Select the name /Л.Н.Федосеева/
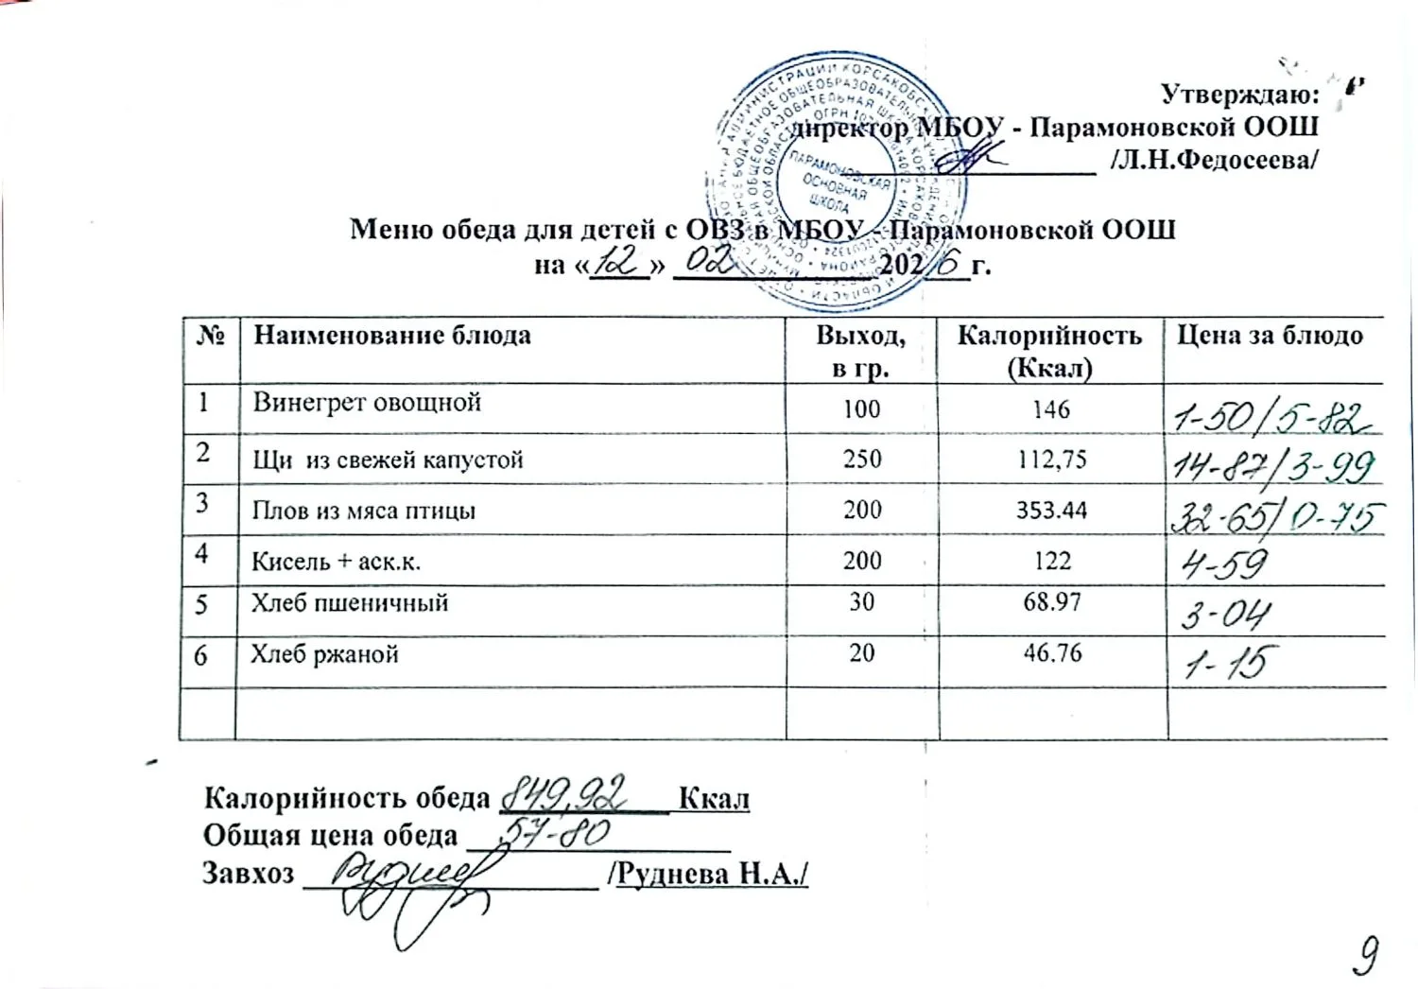(x=1215, y=160)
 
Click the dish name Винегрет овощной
(x=367, y=403)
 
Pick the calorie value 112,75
(x=1051, y=460)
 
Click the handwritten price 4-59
(x=1225, y=565)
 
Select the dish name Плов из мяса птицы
(x=364, y=512)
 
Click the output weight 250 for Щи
(x=861, y=460)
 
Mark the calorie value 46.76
(x=1051, y=652)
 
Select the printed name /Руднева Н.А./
(x=713, y=874)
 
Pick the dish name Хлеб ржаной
(x=324, y=654)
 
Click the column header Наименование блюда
(x=392, y=336)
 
